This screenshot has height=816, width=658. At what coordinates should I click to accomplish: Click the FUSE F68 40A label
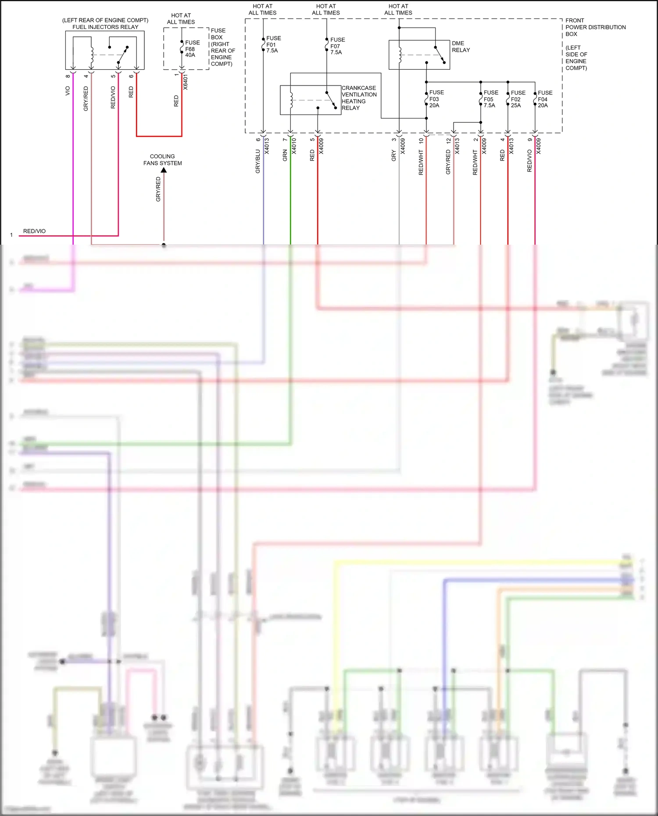pos(192,49)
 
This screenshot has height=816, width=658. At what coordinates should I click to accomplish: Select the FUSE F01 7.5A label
pos(273,44)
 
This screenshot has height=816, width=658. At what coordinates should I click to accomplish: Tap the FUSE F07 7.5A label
pos(337,46)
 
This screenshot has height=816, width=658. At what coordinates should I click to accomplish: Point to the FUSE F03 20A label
pos(436,99)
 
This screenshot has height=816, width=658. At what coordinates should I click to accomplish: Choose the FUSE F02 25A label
pos(518,99)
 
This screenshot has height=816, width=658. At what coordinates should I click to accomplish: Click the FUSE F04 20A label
pos(545,99)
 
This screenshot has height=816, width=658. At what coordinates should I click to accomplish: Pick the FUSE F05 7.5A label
pos(490,99)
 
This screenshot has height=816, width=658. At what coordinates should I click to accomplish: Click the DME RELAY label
pos(461,46)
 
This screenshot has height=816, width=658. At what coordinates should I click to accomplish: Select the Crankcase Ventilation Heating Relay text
pos(359,98)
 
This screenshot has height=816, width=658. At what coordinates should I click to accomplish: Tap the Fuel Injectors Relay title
pos(105,27)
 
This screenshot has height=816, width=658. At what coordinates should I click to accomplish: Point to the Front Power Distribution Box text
pos(595,27)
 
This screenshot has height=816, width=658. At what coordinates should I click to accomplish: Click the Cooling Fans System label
pos(162,160)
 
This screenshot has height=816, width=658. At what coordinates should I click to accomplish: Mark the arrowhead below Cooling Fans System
pos(164,170)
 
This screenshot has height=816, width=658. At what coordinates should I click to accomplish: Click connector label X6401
pos(186,82)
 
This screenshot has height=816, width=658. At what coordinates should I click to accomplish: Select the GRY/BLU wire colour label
pos(258,161)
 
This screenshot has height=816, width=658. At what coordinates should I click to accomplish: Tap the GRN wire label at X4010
pos(285,155)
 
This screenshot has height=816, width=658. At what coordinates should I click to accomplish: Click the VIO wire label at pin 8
pos(68,91)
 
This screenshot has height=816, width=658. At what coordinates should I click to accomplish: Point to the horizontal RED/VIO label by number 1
pos(34,231)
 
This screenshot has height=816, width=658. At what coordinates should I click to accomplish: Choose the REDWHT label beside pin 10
pos(421,162)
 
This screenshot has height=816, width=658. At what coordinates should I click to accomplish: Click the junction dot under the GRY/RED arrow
pos(164,245)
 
